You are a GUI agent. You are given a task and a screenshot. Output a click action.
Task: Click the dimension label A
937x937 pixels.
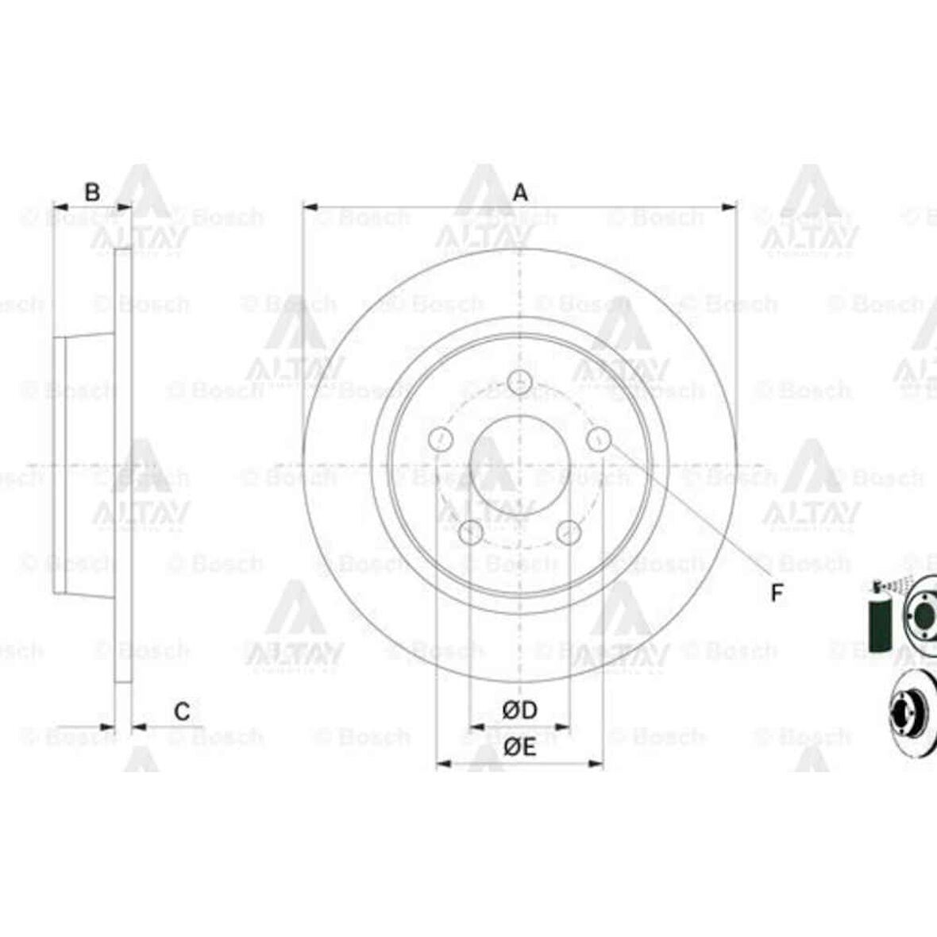[520, 192]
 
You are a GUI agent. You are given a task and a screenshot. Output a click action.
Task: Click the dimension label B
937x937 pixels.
[92, 192]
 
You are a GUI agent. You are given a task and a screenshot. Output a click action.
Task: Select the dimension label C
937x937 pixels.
[182, 711]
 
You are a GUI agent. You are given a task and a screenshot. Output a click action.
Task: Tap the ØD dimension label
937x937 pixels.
[520, 709]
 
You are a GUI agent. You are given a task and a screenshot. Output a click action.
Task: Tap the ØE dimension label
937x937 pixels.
[520, 746]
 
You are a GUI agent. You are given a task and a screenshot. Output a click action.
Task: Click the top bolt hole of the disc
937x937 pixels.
[519, 382]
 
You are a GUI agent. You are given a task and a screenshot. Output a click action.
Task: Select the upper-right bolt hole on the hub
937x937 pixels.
[600, 438]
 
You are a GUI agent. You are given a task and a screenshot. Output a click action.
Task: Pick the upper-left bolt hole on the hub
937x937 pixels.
[439, 438]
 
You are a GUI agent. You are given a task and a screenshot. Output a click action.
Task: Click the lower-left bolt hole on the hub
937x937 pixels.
[471, 533]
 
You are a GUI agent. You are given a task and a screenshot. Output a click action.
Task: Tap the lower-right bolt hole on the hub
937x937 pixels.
[569, 533]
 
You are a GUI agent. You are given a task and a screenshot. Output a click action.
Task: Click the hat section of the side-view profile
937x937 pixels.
[84, 465]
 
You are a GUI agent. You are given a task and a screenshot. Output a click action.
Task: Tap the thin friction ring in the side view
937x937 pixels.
[124, 465]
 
